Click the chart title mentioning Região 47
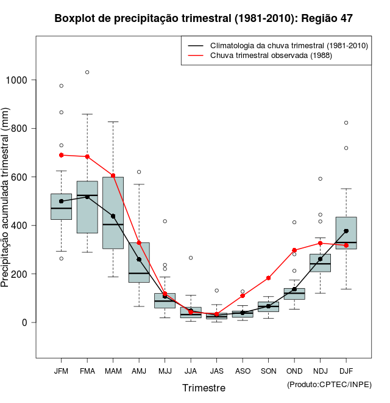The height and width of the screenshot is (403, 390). point(204,19)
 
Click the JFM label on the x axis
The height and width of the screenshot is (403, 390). point(61,371)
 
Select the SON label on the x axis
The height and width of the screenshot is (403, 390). point(268,371)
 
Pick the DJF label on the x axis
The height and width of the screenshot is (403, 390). point(346,371)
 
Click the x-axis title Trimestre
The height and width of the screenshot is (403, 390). point(204,388)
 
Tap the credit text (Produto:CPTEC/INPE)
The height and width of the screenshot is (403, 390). point(329,384)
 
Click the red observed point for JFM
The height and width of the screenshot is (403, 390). point(62,155)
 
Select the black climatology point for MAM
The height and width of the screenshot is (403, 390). point(113,216)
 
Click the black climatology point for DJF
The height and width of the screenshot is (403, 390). point(346,231)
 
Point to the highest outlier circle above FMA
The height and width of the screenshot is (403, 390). point(87,72)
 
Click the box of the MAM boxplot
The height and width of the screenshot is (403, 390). point(113,212)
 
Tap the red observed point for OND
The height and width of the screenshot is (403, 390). point(294,250)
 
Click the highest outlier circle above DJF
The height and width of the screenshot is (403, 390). point(346,123)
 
